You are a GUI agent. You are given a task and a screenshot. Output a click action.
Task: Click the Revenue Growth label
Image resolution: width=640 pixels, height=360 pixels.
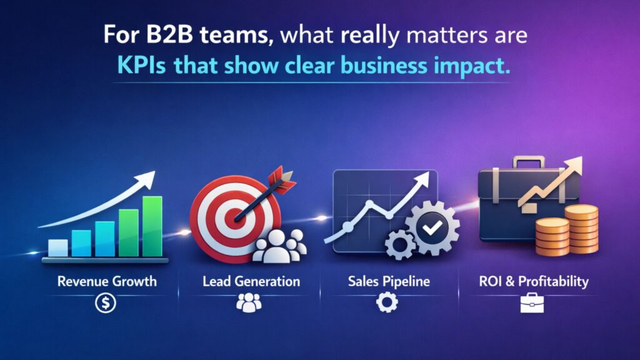107,281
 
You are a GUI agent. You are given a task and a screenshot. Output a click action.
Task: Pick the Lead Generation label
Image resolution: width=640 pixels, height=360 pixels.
251,281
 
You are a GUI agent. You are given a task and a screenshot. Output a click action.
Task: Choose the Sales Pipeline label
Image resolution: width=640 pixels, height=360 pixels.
389,281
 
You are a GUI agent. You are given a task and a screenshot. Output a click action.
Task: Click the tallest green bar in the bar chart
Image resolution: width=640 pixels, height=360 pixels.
152,226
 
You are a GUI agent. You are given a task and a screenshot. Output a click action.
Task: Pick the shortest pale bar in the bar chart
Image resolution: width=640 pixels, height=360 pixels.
57,248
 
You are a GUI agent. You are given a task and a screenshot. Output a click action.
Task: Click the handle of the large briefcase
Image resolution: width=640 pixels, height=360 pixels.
529,162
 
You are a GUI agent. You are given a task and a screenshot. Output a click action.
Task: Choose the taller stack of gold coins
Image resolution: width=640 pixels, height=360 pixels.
581,228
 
